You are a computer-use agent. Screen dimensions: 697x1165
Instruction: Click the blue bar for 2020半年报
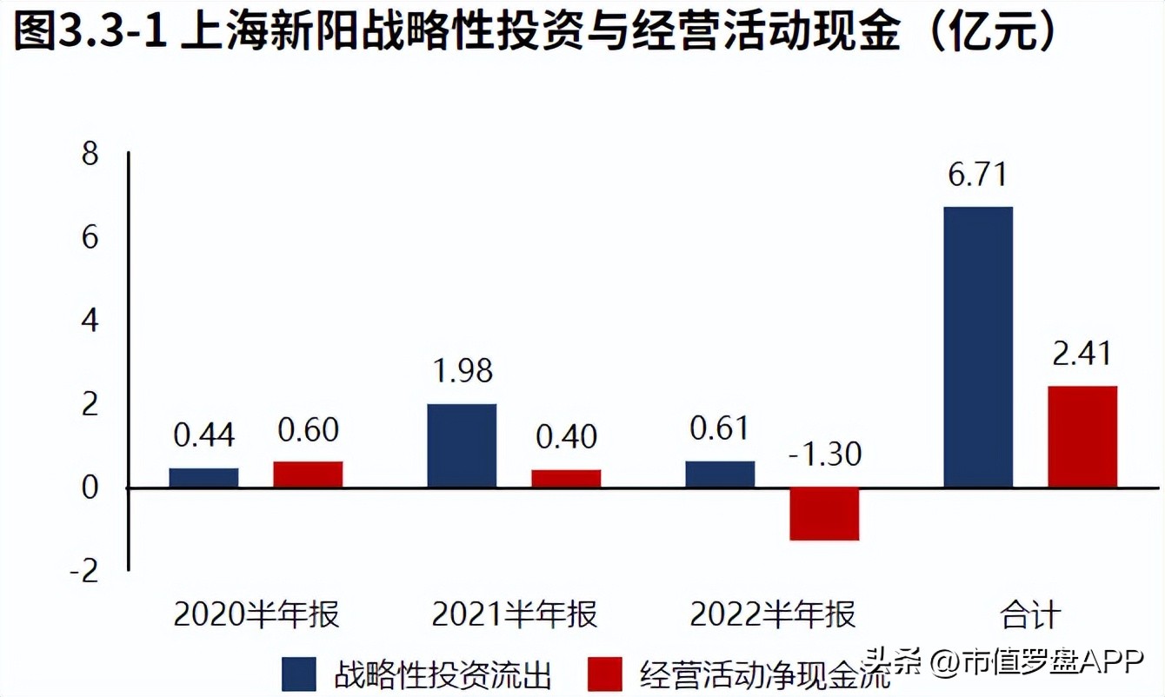coord(203,477)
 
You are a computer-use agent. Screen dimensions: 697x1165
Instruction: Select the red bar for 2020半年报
coord(308,474)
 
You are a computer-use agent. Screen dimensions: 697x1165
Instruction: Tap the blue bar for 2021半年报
coord(462,445)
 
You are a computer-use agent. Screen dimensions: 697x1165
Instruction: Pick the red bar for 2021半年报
coord(566,478)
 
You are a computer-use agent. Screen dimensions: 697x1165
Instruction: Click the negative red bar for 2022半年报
coord(824,514)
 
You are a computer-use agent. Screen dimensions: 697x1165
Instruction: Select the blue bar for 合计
coord(978,347)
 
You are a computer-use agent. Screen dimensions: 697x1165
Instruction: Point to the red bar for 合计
coord(1082,436)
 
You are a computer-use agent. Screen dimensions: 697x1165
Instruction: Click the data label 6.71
coord(977,175)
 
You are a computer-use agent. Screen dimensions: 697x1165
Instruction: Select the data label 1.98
coord(462,371)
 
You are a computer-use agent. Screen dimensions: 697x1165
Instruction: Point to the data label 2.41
coord(1082,354)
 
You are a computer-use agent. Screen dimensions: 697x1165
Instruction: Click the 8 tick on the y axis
coord(90,155)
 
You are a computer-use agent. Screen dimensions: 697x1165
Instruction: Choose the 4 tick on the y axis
coord(90,322)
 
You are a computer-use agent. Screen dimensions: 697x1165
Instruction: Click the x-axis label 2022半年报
coord(773,615)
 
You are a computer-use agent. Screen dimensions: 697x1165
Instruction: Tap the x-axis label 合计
coord(1030,615)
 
